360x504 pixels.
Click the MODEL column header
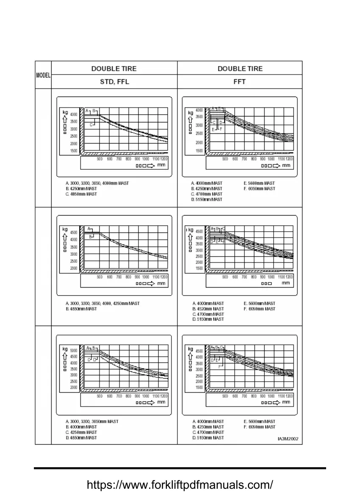click(43, 75)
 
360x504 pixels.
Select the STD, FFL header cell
click(114, 82)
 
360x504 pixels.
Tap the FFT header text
click(240, 82)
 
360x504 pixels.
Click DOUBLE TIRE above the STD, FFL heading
click(114, 68)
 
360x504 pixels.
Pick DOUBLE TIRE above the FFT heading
click(240, 68)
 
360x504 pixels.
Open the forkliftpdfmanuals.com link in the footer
click(180, 485)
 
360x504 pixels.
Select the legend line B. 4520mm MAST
click(208, 309)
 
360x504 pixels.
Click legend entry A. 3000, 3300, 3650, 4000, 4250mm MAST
click(103, 304)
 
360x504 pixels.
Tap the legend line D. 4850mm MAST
click(81, 438)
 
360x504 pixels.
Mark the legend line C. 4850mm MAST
click(81, 194)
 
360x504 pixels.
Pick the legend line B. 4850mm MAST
click(81, 309)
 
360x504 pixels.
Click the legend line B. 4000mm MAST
click(81, 427)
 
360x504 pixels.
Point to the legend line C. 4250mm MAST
click(81, 432)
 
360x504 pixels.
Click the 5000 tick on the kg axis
click(74, 351)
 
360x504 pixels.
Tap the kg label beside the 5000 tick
click(65, 349)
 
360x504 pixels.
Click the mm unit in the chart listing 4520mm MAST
click(286, 283)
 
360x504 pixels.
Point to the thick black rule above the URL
click(180, 468)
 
